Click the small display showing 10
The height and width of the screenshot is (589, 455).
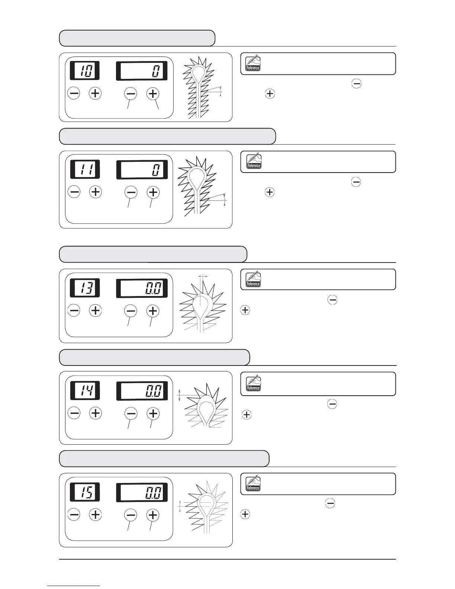[x=85, y=70]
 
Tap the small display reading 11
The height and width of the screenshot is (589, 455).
[x=85, y=170]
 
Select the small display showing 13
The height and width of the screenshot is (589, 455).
[x=85, y=288]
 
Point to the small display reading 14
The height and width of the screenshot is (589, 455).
[x=85, y=390]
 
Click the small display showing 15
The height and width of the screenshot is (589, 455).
[x=85, y=492]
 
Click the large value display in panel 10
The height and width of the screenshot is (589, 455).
[x=142, y=71]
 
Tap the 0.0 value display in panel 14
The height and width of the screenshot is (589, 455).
[x=142, y=391]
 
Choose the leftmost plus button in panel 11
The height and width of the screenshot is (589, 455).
[x=96, y=192]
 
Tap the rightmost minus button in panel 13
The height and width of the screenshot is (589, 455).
[x=130, y=310]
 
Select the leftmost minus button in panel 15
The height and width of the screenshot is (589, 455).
[x=74, y=515]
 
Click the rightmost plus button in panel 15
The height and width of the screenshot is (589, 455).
[x=153, y=515]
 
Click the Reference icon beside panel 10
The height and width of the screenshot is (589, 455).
[x=253, y=64]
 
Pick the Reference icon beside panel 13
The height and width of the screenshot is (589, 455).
[x=253, y=280]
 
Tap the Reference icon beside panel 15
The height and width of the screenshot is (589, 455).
[x=253, y=484]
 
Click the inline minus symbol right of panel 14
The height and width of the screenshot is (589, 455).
[x=332, y=404]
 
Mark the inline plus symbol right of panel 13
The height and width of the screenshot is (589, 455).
[x=245, y=310]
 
